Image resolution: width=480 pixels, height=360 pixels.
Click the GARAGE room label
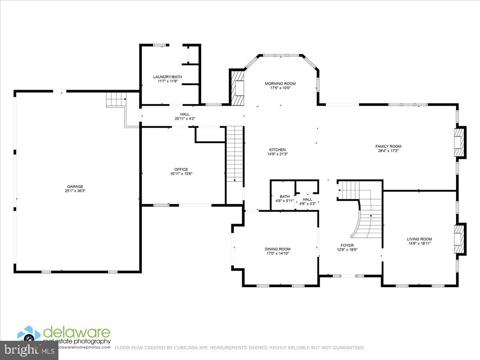pos(75,186)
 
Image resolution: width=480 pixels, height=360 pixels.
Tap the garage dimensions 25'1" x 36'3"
pos(75,191)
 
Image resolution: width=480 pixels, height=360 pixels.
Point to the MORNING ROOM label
pos(280,84)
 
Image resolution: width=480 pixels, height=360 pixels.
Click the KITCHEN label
pos(277,150)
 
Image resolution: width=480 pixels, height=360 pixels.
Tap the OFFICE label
pos(181,169)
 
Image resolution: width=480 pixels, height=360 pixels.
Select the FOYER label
pos(347,246)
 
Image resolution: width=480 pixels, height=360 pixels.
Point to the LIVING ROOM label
pos(419,239)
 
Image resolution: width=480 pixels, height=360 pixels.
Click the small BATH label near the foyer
pos(285,196)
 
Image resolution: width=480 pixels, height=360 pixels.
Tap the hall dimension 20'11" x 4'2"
pos(185,118)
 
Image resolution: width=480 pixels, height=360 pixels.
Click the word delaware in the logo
pos(76,332)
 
